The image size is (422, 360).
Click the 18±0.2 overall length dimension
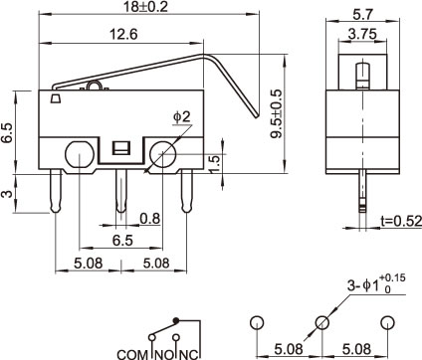point(145,7)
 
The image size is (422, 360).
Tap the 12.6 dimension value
point(123,34)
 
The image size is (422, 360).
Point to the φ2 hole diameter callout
point(182,117)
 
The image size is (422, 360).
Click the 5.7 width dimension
point(363,14)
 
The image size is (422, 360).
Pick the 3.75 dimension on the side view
point(362,34)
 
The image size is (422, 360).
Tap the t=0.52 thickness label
point(401,221)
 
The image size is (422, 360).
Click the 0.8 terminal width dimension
point(150,219)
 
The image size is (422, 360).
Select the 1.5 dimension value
point(215,164)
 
